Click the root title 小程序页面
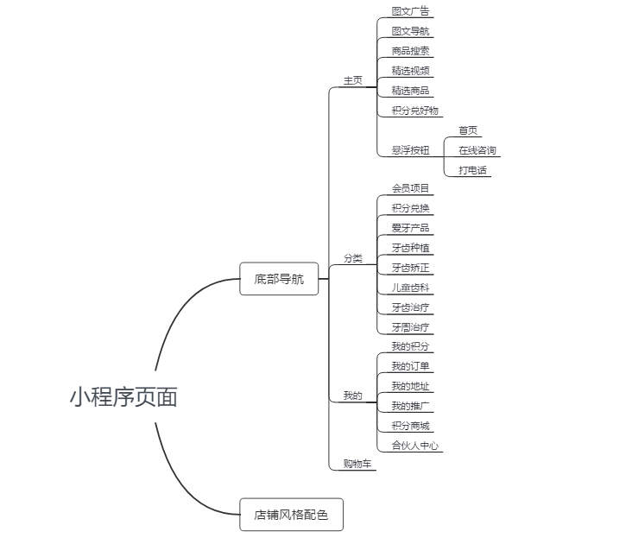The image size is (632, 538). (123, 397)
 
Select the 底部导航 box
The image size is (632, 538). (279, 279)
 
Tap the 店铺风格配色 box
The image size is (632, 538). (291, 515)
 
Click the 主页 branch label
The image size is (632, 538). (352, 80)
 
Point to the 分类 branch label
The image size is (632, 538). (352, 258)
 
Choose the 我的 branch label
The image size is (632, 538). (352, 396)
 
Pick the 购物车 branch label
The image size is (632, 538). (357, 464)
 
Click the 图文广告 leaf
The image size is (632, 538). (410, 11)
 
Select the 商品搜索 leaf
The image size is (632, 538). (410, 51)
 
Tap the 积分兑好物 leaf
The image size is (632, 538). (414, 111)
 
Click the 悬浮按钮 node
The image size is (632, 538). (410, 150)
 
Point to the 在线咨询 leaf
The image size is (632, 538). (477, 150)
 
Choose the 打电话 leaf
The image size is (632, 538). (472, 170)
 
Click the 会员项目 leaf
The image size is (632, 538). (410, 188)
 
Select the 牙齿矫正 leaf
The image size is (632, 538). (410, 268)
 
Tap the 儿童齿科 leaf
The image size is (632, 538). (410, 288)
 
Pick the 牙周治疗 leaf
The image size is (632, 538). (410, 327)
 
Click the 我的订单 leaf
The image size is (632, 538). (410, 366)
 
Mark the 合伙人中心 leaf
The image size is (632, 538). (414, 446)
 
